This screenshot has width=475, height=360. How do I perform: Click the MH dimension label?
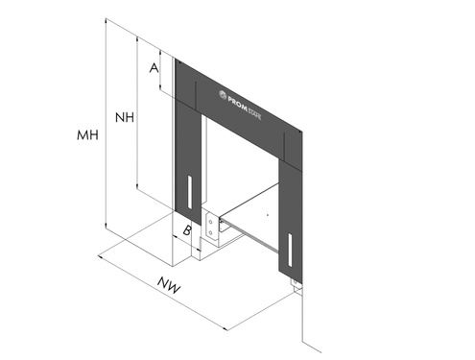pos(87,135)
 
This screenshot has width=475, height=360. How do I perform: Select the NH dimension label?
pos(125,118)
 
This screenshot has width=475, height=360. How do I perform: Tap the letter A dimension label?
pos(154,68)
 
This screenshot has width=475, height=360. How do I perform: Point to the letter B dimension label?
pos(187,230)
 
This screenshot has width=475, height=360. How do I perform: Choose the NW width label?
pos(169,285)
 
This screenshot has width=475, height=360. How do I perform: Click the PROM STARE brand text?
pos(245,108)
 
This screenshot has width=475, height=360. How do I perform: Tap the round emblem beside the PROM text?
pos(223,94)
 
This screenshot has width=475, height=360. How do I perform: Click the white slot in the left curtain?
pos(190,192)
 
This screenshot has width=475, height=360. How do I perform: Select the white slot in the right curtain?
pos(291,250)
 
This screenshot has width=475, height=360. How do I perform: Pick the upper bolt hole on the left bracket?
pos(210,222)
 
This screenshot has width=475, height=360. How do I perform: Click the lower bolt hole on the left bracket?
pos(210,232)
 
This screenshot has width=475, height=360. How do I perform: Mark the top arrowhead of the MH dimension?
pos(106,22)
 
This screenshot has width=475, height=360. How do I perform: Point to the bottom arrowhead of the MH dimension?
pos(106,226)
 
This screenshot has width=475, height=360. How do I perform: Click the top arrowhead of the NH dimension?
pos(137,39)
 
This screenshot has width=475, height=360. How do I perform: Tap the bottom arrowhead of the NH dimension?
pos(137,186)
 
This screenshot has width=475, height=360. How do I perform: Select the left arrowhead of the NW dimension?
pos(101,256)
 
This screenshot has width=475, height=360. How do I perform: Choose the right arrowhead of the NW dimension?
pos(225,327)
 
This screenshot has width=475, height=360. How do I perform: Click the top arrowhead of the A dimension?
pos(160,53)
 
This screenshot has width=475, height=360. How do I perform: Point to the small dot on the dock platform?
pos(268,215)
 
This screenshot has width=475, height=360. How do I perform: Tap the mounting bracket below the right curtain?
pos(297,286)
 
